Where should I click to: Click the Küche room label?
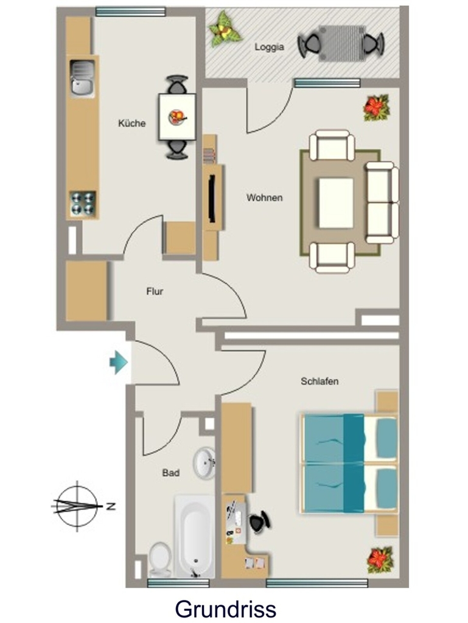coord(132,123)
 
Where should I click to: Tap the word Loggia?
coord(270,47)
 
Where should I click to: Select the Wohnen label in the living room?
coord(265,198)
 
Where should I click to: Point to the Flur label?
coord(155,291)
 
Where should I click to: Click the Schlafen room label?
coord(320,381)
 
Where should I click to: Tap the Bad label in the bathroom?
coord(171,473)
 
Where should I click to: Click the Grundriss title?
coord(226,608)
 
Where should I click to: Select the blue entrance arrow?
coord(119,363)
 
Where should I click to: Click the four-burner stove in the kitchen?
coord(83,204)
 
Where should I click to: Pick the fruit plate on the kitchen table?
coord(177,117)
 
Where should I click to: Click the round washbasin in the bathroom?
coord(204,463)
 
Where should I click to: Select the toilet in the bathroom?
coord(160,560)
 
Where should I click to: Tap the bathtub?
coord(195,537)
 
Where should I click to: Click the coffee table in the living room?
coord(336,203)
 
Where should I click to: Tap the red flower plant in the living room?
coord(376,107)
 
